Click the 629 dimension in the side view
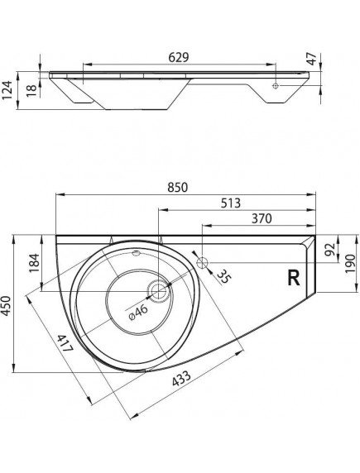click(180, 58)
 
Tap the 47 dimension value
click(311, 60)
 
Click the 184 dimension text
click(33, 263)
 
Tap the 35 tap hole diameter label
click(221, 277)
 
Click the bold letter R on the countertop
click(292, 277)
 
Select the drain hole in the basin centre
click(158, 290)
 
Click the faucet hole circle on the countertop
click(203, 261)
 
